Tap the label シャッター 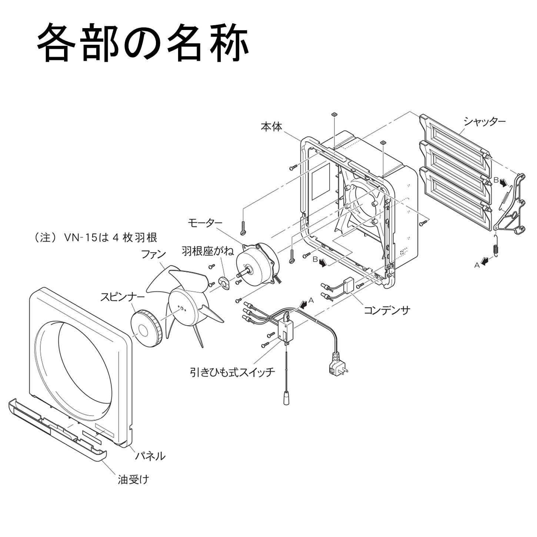[484, 121]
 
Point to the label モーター [205, 223]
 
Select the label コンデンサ [387, 310]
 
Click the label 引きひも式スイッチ [233, 371]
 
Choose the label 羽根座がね [208, 251]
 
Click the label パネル [150, 456]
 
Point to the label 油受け [133, 480]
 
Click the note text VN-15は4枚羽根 [96, 237]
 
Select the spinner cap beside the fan [146, 329]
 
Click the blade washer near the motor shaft [224, 282]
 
